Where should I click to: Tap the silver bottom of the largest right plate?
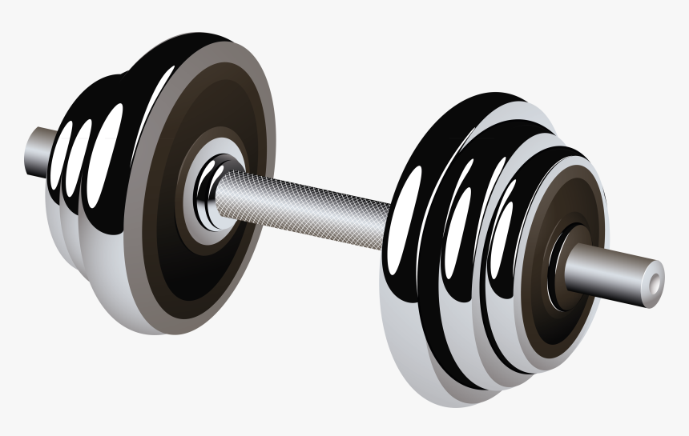[417, 352]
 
